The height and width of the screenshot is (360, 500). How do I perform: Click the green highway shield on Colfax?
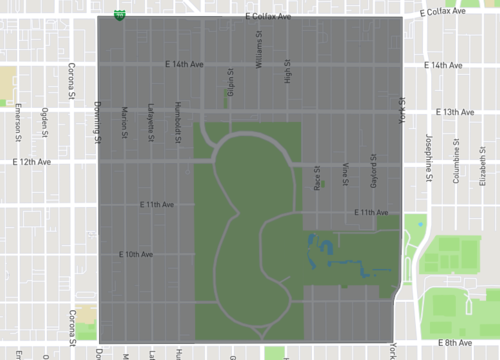click(x=120, y=16)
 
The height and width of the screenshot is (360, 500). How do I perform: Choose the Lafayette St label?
click(x=151, y=124)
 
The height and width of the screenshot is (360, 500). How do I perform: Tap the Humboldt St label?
click(x=177, y=124)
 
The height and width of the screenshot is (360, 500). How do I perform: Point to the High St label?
click(x=287, y=70)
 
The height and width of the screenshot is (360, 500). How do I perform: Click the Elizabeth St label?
click(x=484, y=157)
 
